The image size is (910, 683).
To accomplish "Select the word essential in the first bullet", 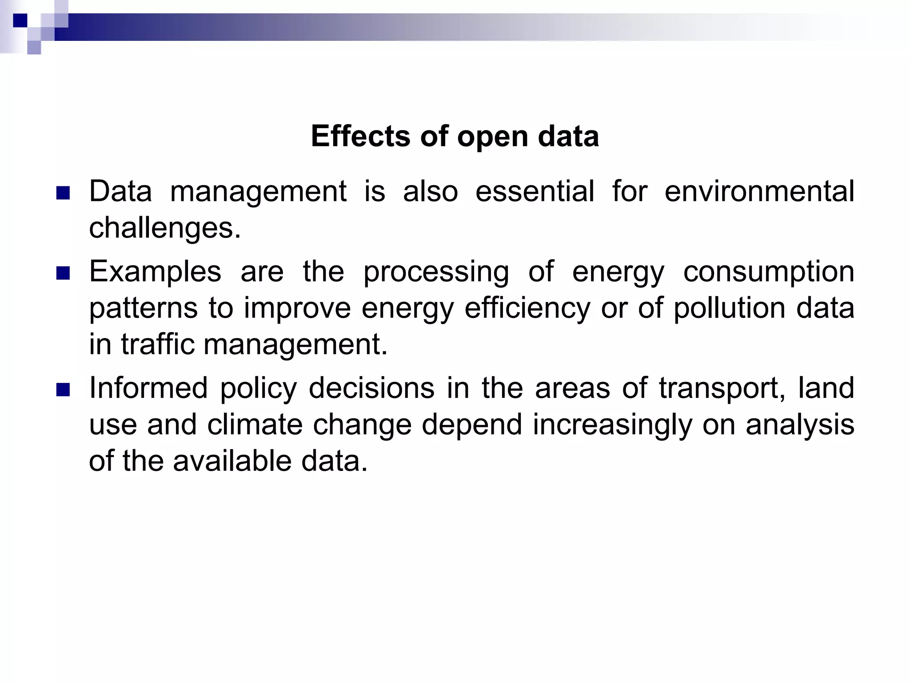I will (535, 192).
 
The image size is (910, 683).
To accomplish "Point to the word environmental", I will (759, 192).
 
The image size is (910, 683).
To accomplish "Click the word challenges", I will (164, 228).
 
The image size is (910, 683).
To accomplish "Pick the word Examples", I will (155, 272).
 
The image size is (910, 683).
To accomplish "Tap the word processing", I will (436, 273).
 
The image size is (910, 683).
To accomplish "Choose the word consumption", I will (768, 273).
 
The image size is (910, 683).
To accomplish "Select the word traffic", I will (158, 345).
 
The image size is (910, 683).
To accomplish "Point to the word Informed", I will (148, 388).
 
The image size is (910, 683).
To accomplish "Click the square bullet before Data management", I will (64, 193).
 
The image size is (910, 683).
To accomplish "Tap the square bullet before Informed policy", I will (64, 390).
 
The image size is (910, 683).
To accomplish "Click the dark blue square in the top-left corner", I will (20, 20).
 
